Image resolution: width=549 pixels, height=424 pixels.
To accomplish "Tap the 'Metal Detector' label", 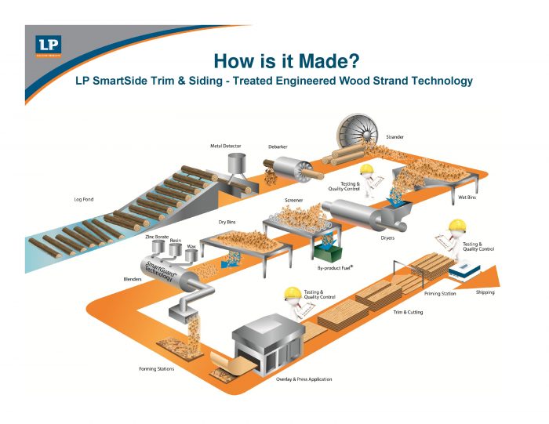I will click(x=225, y=146).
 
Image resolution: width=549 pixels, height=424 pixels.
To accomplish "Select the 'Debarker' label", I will click(x=278, y=147).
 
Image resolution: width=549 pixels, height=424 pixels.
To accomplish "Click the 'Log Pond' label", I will click(x=84, y=199).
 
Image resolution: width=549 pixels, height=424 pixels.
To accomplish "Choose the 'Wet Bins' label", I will click(x=467, y=198).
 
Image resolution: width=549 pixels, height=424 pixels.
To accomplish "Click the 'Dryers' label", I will click(x=387, y=238).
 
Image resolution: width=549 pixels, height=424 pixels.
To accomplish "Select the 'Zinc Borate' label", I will click(x=157, y=235).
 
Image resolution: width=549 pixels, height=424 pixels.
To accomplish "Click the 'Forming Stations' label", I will click(x=157, y=368).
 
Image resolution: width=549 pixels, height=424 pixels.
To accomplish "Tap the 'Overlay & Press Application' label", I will click(x=304, y=379).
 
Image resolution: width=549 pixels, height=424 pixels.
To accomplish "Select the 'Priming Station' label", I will click(x=440, y=294).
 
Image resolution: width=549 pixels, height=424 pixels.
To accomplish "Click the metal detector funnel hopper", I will click(x=235, y=165).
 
